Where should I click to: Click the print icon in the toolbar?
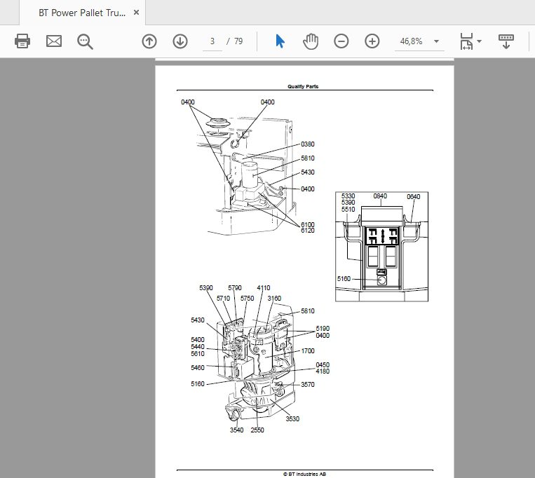22,41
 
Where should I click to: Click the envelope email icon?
54,41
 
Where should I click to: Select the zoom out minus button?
341,41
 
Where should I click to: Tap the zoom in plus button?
372,41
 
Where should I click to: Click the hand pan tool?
311,41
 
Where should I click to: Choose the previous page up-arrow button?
149,41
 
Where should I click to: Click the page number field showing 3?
212,41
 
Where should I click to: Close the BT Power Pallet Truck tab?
136,13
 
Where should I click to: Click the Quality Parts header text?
303,87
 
